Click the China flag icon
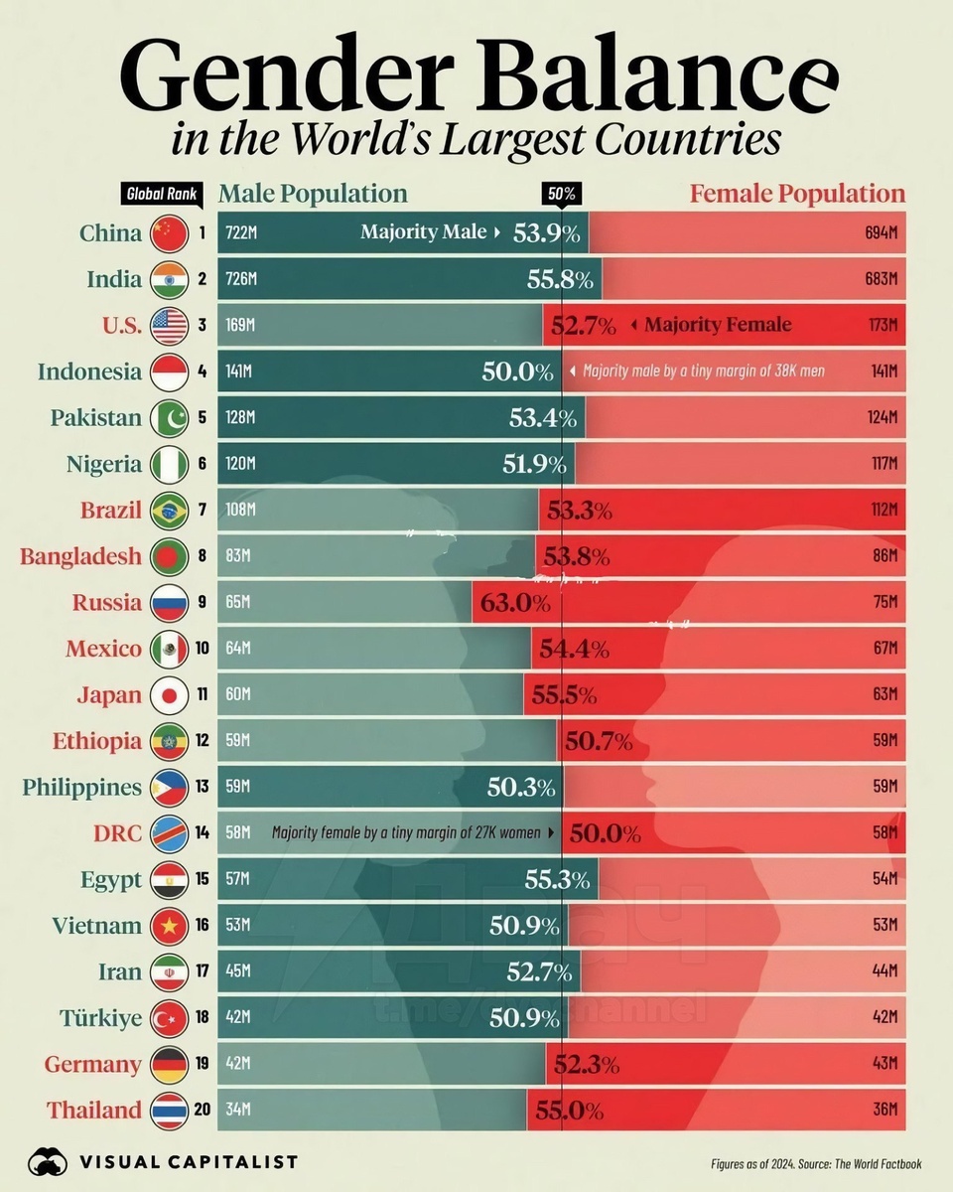(x=168, y=234)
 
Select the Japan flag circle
(x=168, y=695)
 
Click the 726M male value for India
(x=241, y=280)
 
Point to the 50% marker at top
(x=560, y=194)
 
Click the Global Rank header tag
(x=160, y=194)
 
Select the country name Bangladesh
(x=80, y=556)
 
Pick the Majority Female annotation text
(x=718, y=325)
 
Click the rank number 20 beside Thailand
(x=202, y=1110)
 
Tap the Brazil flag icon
(x=168, y=511)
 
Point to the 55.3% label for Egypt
(x=557, y=879)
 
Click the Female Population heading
(x=797, y=194)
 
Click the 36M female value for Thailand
(x=885, y=1110)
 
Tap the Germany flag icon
(x=168, y=1064)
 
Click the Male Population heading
(x=313, y=194)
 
